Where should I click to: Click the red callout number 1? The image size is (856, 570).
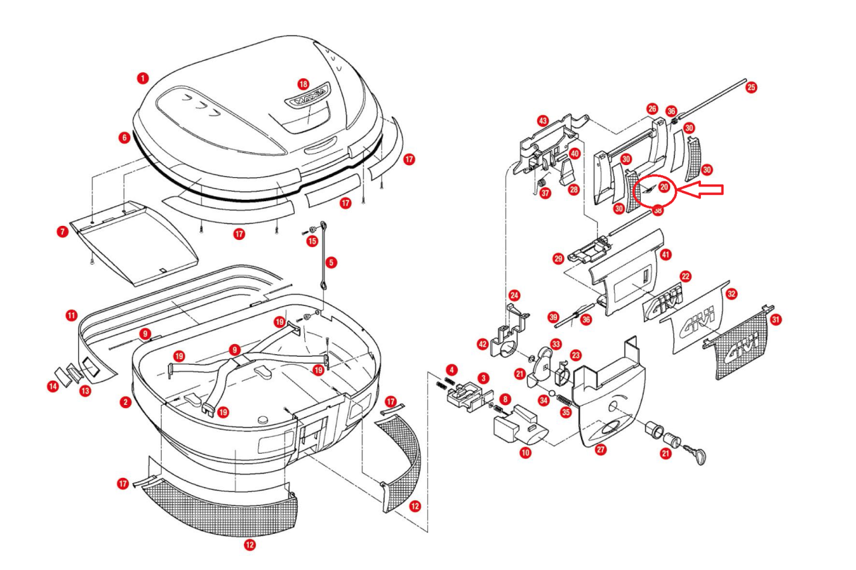pos(142,78)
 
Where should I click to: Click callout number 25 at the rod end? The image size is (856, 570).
pos(751,88)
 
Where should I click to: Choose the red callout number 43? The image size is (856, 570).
pos(542,120)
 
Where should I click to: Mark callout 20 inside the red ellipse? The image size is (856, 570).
pos(663,188)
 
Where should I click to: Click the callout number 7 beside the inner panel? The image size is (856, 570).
pos(62,232)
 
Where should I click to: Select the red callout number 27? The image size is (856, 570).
pos(601,450)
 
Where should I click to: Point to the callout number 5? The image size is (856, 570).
pos(332,263)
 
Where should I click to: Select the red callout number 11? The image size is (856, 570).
pos(71,314)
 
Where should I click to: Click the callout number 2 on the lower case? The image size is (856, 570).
pos(125,402)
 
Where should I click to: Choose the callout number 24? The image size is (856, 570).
pos(514,295)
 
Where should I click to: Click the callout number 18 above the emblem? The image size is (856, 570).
pos(304,84)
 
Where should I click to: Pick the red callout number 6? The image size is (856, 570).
pos(124,138)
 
